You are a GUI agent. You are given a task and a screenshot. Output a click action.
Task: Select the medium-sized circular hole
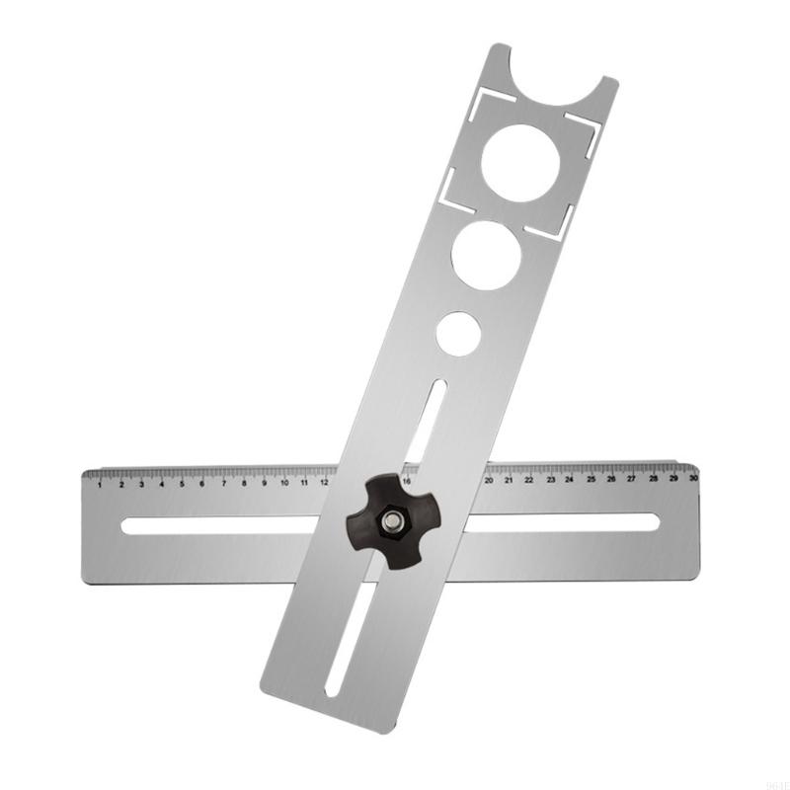click(x=486, y=255)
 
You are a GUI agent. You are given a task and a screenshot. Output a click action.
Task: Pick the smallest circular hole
click(x=459, y=333)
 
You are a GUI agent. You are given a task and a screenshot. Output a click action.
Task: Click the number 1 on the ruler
click(x=100, y=485)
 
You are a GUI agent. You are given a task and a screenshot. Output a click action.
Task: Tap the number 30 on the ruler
click(x=693, y=477)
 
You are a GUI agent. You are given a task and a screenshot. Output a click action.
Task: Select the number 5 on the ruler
click(x=182, y=484)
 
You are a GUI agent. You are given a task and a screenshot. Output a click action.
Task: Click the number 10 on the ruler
click(x=284, y=483)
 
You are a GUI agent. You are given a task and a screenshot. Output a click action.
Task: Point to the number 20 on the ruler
click(x=489, y=480)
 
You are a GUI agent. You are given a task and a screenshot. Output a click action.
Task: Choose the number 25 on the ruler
click(x=591, y=479)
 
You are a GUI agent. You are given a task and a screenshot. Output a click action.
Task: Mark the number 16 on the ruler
click(x=407, y=481)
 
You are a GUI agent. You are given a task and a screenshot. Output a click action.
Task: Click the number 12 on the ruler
click(x=325, y=483)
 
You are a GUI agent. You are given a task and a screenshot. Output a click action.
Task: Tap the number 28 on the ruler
click(x=653, y=478)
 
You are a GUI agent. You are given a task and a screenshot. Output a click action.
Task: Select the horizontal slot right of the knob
click(x=563, y=520)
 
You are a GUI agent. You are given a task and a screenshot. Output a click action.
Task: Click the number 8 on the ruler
click(x=244, y=484)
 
